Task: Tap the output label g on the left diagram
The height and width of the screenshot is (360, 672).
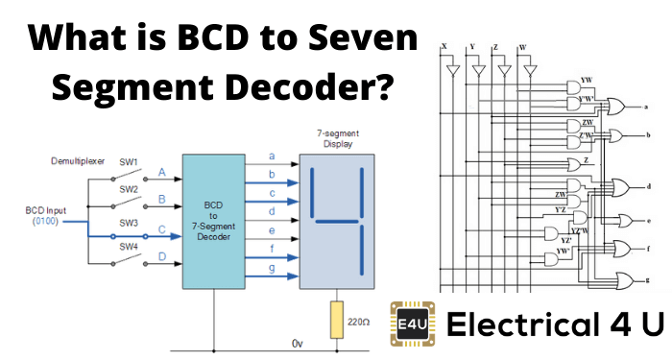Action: (272, 271)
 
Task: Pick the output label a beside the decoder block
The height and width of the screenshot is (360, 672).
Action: (272, 156)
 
